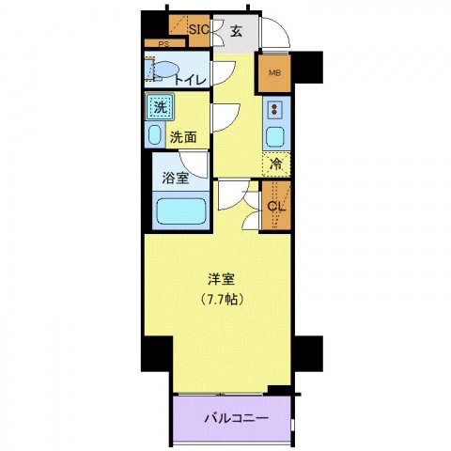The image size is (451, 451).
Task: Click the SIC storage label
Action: click(x=198, y=29)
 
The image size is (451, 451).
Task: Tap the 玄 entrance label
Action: click(x=236, y=30)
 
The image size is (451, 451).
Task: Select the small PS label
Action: click(x=163, y=44)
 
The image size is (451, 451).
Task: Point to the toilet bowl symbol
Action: click(x=163, y=70)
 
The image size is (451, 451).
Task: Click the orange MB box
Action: click(x=275, y=72)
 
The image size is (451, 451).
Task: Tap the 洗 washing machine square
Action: click(x=160, y=107)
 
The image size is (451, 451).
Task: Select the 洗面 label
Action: click(x=182, y=136)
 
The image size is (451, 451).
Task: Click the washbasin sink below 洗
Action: click(x=156, y=132)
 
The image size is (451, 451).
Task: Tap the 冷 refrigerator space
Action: click(x=276, y=165)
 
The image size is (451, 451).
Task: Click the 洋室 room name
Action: click(x=222, y=279)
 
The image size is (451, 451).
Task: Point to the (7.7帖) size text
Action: click(x=222, y=301)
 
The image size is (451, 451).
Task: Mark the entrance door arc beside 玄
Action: click(x=274, y=35)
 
